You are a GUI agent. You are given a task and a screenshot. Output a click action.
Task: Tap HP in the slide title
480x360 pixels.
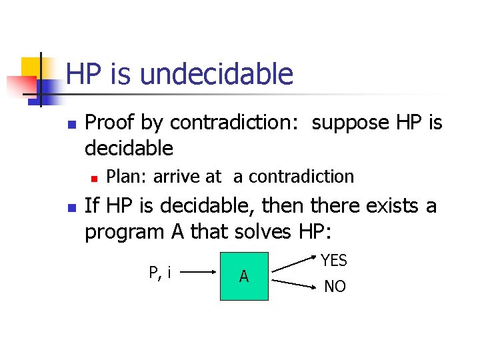click(83, 74)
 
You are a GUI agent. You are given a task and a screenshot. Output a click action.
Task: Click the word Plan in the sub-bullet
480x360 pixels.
click(127, 177)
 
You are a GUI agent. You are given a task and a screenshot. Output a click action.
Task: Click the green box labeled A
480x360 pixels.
click(244, 276)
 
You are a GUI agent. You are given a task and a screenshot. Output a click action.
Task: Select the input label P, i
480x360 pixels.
click(159, 272)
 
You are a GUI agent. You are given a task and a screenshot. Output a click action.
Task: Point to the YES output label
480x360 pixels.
click(334, 260)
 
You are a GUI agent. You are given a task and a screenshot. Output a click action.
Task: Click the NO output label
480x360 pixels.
click(335, 287)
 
